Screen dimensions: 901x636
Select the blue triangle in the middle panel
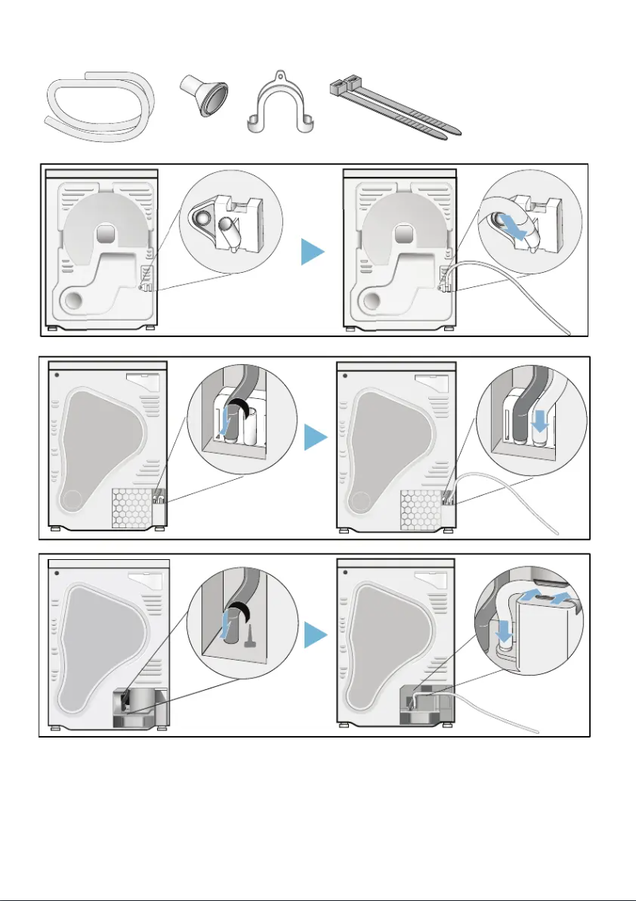click(316, 437)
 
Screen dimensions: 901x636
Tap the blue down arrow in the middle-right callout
click(541, 421)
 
